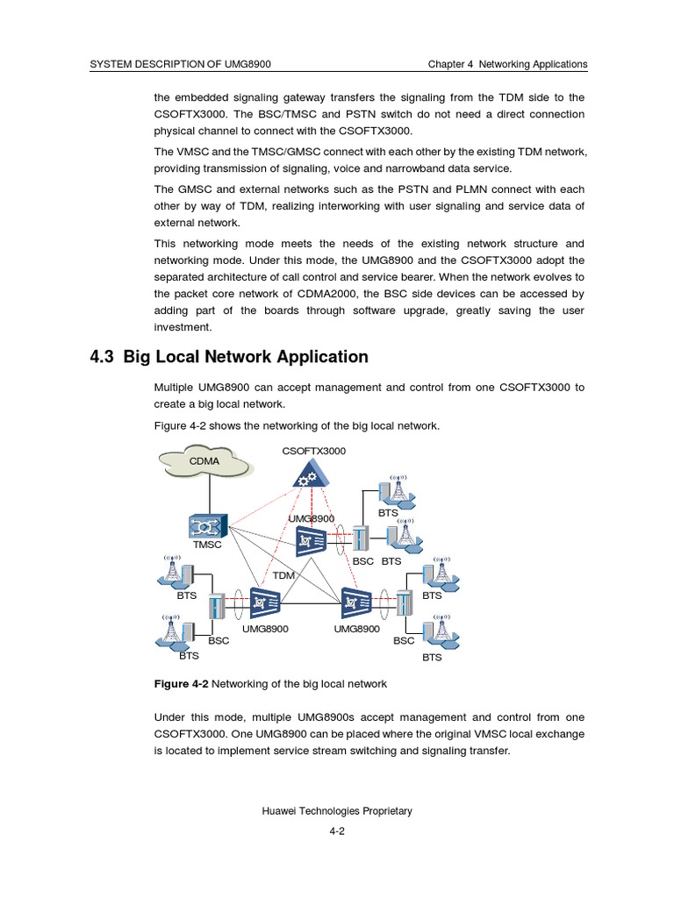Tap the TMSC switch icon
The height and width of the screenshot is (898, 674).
click(x=207, y=526)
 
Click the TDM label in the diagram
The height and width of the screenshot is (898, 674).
click(x=283, y=575)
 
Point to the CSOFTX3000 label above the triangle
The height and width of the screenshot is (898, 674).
click(x=314, y=451)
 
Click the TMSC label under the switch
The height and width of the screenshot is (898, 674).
click(x=207, y=545)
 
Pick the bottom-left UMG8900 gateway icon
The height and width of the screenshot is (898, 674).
click(x=265, y=603)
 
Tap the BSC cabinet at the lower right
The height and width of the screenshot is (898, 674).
click(x=404, y=607)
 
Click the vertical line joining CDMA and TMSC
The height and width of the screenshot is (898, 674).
click(x=207, y=495)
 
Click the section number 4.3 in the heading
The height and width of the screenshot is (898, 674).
click(x=103, y=357)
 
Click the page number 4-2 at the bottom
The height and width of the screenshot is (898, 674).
click(x=337, y=832)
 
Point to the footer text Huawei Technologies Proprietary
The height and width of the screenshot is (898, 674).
click(x=337, y=811)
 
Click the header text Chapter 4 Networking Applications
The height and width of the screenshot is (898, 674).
click(x=507, y=65)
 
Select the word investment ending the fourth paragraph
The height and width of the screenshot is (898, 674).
click(x=183, y=327)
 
